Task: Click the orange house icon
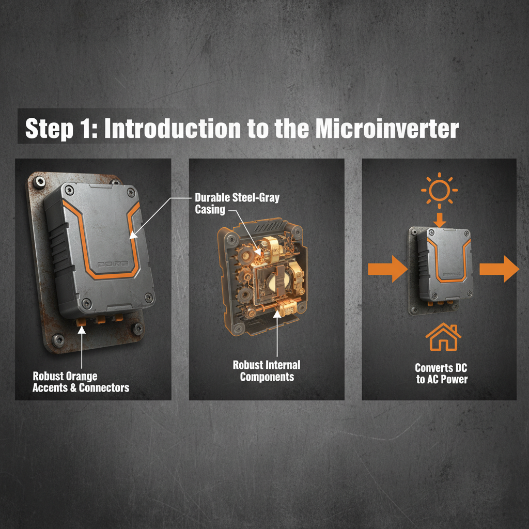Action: [x=443, y=338]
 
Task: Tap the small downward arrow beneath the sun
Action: [x=439, y=220]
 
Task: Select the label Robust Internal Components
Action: [x=267, y=370]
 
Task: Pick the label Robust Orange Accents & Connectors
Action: [x=81, y=381]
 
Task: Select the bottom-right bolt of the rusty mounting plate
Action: [x=138, y=328]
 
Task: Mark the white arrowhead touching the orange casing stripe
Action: [x=133, y=235]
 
